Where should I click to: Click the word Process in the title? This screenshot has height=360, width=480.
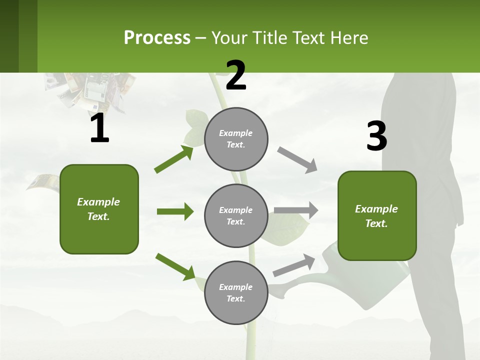coord(157,37)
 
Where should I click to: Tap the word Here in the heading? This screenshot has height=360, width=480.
coord(349,37)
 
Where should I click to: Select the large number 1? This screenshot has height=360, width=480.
coord(100,127)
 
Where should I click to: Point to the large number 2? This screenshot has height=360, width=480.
coord(236,75)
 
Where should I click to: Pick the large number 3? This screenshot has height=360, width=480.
coord(377,136)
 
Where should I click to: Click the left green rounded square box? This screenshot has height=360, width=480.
coord(99,209)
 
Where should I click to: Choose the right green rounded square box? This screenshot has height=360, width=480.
coord(377,216)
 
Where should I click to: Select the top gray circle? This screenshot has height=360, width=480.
coord(236,139)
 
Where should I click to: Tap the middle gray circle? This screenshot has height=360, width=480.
coord(236,216)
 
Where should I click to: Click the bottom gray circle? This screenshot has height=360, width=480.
coord(236,292)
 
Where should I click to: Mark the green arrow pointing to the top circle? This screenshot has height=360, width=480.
coord(174,159)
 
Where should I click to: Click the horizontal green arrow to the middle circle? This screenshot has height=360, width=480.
coord(175,211)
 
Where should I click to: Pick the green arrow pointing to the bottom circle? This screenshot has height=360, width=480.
coord(175,267)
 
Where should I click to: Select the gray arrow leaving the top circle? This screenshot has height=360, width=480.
coord(297,160)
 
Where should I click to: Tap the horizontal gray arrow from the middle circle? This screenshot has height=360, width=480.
coord(296,210)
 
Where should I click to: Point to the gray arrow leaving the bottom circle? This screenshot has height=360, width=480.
coord(294,265)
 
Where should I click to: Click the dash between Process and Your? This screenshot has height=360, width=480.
coord(200,39)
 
